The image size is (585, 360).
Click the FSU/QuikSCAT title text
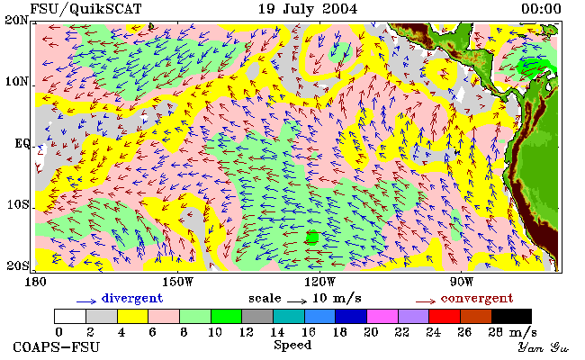tap(85, 9)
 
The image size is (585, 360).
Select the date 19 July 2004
tap(308, 9)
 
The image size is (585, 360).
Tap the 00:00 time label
tap(541, 9)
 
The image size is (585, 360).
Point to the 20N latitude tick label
tap(16, 20)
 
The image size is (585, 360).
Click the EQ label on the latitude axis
tap(22, 143)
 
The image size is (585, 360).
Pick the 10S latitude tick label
tap(17, 204)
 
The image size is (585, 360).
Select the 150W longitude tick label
tap(178, 282)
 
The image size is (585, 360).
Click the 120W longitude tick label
tap(319, 282)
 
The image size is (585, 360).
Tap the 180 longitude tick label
tap(35, 282)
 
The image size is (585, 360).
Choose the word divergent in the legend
tap(132, 299)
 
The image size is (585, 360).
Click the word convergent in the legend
tap(477, 299)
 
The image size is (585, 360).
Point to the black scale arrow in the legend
tap(297, 301)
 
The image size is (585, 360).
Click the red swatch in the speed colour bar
tap(445, 316)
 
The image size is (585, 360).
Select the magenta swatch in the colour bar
tap(382, 316)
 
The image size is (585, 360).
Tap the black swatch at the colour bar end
tap(511, 316)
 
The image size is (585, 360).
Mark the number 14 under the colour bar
tap(277, 332)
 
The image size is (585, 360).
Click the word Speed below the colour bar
tap(292, 345)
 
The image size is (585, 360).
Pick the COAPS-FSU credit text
tap(57, 347)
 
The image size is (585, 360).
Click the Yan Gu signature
tap(543, 347)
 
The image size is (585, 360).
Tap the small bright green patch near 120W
tap(312, 237)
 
